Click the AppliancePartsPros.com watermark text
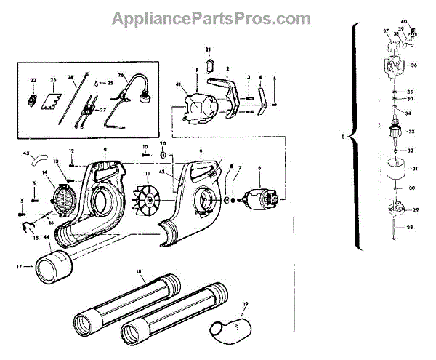tap(211, 18)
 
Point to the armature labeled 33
tap(397, 132)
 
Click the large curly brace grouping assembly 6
tap(355, 135)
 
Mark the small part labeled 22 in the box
tap(33, 100)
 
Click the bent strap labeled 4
tap(264, 97)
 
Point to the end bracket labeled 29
tap(397, 211)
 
